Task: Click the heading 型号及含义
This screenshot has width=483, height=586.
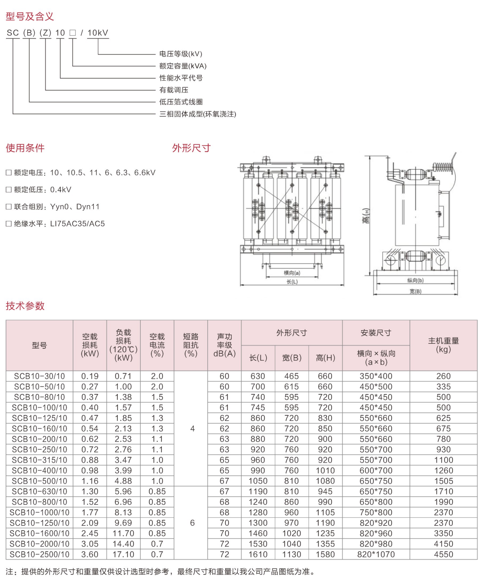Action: (x=30, y=16)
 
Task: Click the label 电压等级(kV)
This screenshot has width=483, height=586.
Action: (x=181, y=54)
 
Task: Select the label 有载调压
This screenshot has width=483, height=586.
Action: (x=174, y=90)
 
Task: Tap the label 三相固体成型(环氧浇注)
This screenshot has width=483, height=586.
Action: (x=198, y=114)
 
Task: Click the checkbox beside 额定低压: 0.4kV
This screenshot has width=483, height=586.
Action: (x=9, y=190)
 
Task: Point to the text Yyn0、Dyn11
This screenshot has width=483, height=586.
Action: (x=75, y=207)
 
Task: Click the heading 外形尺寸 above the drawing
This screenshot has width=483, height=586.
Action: (x=191, y=148)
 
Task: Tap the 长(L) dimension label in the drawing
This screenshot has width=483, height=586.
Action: (x=292, y=282)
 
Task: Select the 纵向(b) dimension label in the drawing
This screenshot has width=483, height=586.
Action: (x=415, y=281)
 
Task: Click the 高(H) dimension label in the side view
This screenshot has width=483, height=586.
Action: (x=366, y=216)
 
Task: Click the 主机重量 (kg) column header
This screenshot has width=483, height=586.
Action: (x=443, y=345)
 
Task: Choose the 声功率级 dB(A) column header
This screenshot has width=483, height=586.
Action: (x=224, y=345)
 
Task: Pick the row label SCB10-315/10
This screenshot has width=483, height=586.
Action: (x=40, y=460)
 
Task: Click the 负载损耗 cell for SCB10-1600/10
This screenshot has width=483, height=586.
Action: (x=123, y=534)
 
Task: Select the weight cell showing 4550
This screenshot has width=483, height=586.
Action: (x=443, y=555)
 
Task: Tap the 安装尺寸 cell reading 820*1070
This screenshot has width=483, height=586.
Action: (x=376, y=555)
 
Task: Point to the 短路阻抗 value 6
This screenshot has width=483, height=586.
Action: (x=192, y=523)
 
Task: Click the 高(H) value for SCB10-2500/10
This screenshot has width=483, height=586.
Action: (x=325, y=555)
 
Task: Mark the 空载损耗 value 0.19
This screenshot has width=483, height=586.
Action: (x=90, y=376)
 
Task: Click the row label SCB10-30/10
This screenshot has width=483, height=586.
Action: (x=40, y=376)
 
